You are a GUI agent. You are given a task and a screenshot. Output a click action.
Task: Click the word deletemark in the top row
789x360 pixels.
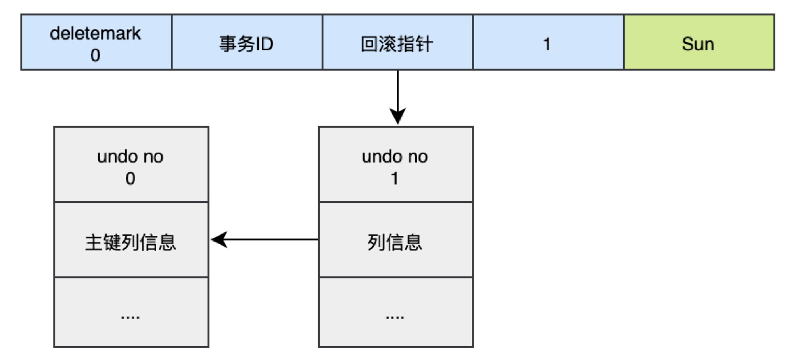click(x=95, y=33)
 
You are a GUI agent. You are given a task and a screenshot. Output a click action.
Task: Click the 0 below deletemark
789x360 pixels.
click(x=95, y=56)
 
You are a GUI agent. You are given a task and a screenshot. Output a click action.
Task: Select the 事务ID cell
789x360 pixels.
click(x=246, y=43)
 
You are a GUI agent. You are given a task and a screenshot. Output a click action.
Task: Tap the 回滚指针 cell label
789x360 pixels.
click(x=396, y=44)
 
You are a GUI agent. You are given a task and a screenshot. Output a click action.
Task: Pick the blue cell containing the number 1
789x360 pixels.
click(x=547, y=44)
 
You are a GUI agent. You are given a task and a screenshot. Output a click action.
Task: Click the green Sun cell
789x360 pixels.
click(x=698, y=43)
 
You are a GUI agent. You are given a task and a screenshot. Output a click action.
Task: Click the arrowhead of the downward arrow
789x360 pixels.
click(x=397, y=117)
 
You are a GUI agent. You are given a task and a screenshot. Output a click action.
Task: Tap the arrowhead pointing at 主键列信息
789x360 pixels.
click(x=218, y=239)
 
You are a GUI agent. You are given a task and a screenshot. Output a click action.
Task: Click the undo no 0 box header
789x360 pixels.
click(x=131, y=165)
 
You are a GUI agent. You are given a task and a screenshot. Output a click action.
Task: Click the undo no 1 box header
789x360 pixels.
click(x=395, y=165)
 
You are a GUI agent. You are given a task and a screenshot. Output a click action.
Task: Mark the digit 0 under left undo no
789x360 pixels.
click(x=130, y=178)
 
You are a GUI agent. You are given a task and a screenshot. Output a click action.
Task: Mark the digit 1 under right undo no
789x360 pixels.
click(x=394, y=178)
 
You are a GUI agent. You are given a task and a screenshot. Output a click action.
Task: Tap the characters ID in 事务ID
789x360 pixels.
click(x=264, y=44)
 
